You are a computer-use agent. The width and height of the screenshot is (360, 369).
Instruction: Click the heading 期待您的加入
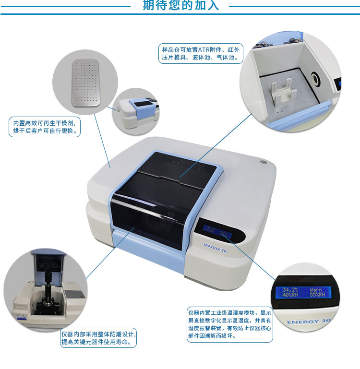[x=180, y=5]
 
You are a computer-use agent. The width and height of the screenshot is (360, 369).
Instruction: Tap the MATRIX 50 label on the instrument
[x=215, y=248]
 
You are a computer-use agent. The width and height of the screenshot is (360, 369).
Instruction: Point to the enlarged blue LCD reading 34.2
[x=303, y=292]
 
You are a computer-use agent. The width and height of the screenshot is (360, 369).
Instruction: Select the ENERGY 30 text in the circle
[x=309, y=321]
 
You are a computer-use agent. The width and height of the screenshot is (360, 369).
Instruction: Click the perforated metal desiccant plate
[x=85, y=83]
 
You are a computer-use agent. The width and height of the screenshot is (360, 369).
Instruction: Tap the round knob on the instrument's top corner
[x=263, y=162]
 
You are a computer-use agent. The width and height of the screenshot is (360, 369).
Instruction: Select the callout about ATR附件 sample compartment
[x=201, y=53]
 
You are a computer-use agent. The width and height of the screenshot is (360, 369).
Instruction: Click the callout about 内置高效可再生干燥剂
[x=45, y=127]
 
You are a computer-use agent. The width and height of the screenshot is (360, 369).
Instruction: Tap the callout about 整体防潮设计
[x=98, y=338]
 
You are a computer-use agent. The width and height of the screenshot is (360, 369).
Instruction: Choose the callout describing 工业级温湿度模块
[x=229, y=324]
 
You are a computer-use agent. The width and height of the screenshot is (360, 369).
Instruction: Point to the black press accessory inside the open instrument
[x=48, y=292]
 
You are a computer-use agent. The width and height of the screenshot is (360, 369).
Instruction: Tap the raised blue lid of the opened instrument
[x=48, y=261]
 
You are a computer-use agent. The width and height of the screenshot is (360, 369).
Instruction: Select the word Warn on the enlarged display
[x=315, y=289]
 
